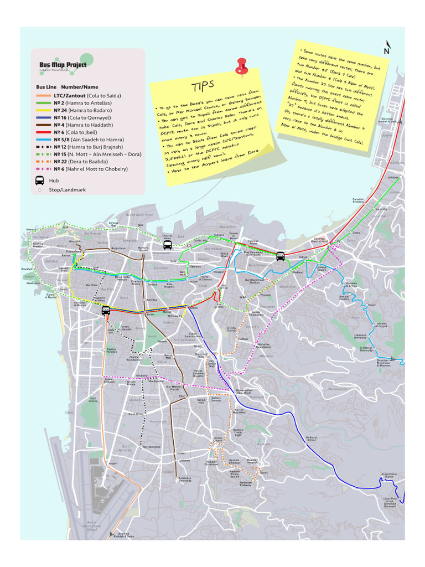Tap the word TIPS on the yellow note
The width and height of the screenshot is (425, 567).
point(203,86)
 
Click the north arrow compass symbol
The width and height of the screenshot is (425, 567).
point(386,48)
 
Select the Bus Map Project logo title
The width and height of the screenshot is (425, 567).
point(63,65)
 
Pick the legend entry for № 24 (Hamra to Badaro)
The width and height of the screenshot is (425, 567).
point(82,110)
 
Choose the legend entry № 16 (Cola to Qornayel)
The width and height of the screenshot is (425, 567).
point(82,117)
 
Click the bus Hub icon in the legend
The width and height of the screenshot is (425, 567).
point(40,180)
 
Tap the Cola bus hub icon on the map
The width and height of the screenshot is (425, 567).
point(106,311)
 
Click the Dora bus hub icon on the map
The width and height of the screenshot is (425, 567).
point(281,256)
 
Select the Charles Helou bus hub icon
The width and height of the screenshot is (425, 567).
point(167,244)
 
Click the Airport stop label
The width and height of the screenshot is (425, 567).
point(113,463)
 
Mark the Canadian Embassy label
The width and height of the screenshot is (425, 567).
point(359,200)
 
